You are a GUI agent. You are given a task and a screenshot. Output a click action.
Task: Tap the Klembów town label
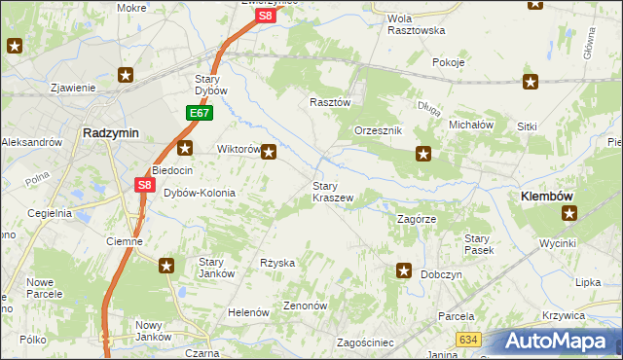pyautogui.click(x=546, y=197)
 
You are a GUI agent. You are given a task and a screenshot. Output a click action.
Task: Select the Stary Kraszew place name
pyautogui.click(x=332, y=192)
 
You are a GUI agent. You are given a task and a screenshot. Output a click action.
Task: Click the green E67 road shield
pyautogui.click(x=200, y=114)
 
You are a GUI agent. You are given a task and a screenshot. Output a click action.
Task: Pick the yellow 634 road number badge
pyautogui.click(x=468, y=338)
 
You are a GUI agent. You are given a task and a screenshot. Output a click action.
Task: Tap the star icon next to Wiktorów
pyautogui.click(x=270, y=152)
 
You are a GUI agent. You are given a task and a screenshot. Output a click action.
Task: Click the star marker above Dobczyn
pyautogui.click(x=404, y=271)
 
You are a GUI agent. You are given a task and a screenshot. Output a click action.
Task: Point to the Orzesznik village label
pyautogui.click(x=379, y=130)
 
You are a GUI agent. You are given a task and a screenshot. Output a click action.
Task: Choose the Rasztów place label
pyautogui.click(x=329, y=101)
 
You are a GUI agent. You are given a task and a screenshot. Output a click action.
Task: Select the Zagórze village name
pyautogui.click(x=419, y=220)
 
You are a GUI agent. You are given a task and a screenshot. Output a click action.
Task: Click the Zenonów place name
pyautogui.click(x=305, y=305)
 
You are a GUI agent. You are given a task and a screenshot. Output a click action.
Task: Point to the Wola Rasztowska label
pyautogui.click(x=416, y=24)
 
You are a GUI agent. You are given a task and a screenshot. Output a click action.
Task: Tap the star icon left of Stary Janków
pyautogui.click(x=167, y=266)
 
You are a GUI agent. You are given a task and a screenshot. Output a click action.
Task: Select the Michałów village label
pyautogui.click(x=471, y=126)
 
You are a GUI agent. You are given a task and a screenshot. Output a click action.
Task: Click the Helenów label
pyautogui.click(x=247, y=312)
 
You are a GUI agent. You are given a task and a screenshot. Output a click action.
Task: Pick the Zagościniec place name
pyautogui.click(x=364, y=342)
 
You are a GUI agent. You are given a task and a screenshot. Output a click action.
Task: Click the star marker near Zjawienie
pyautogui.click(x=126, y=74)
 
